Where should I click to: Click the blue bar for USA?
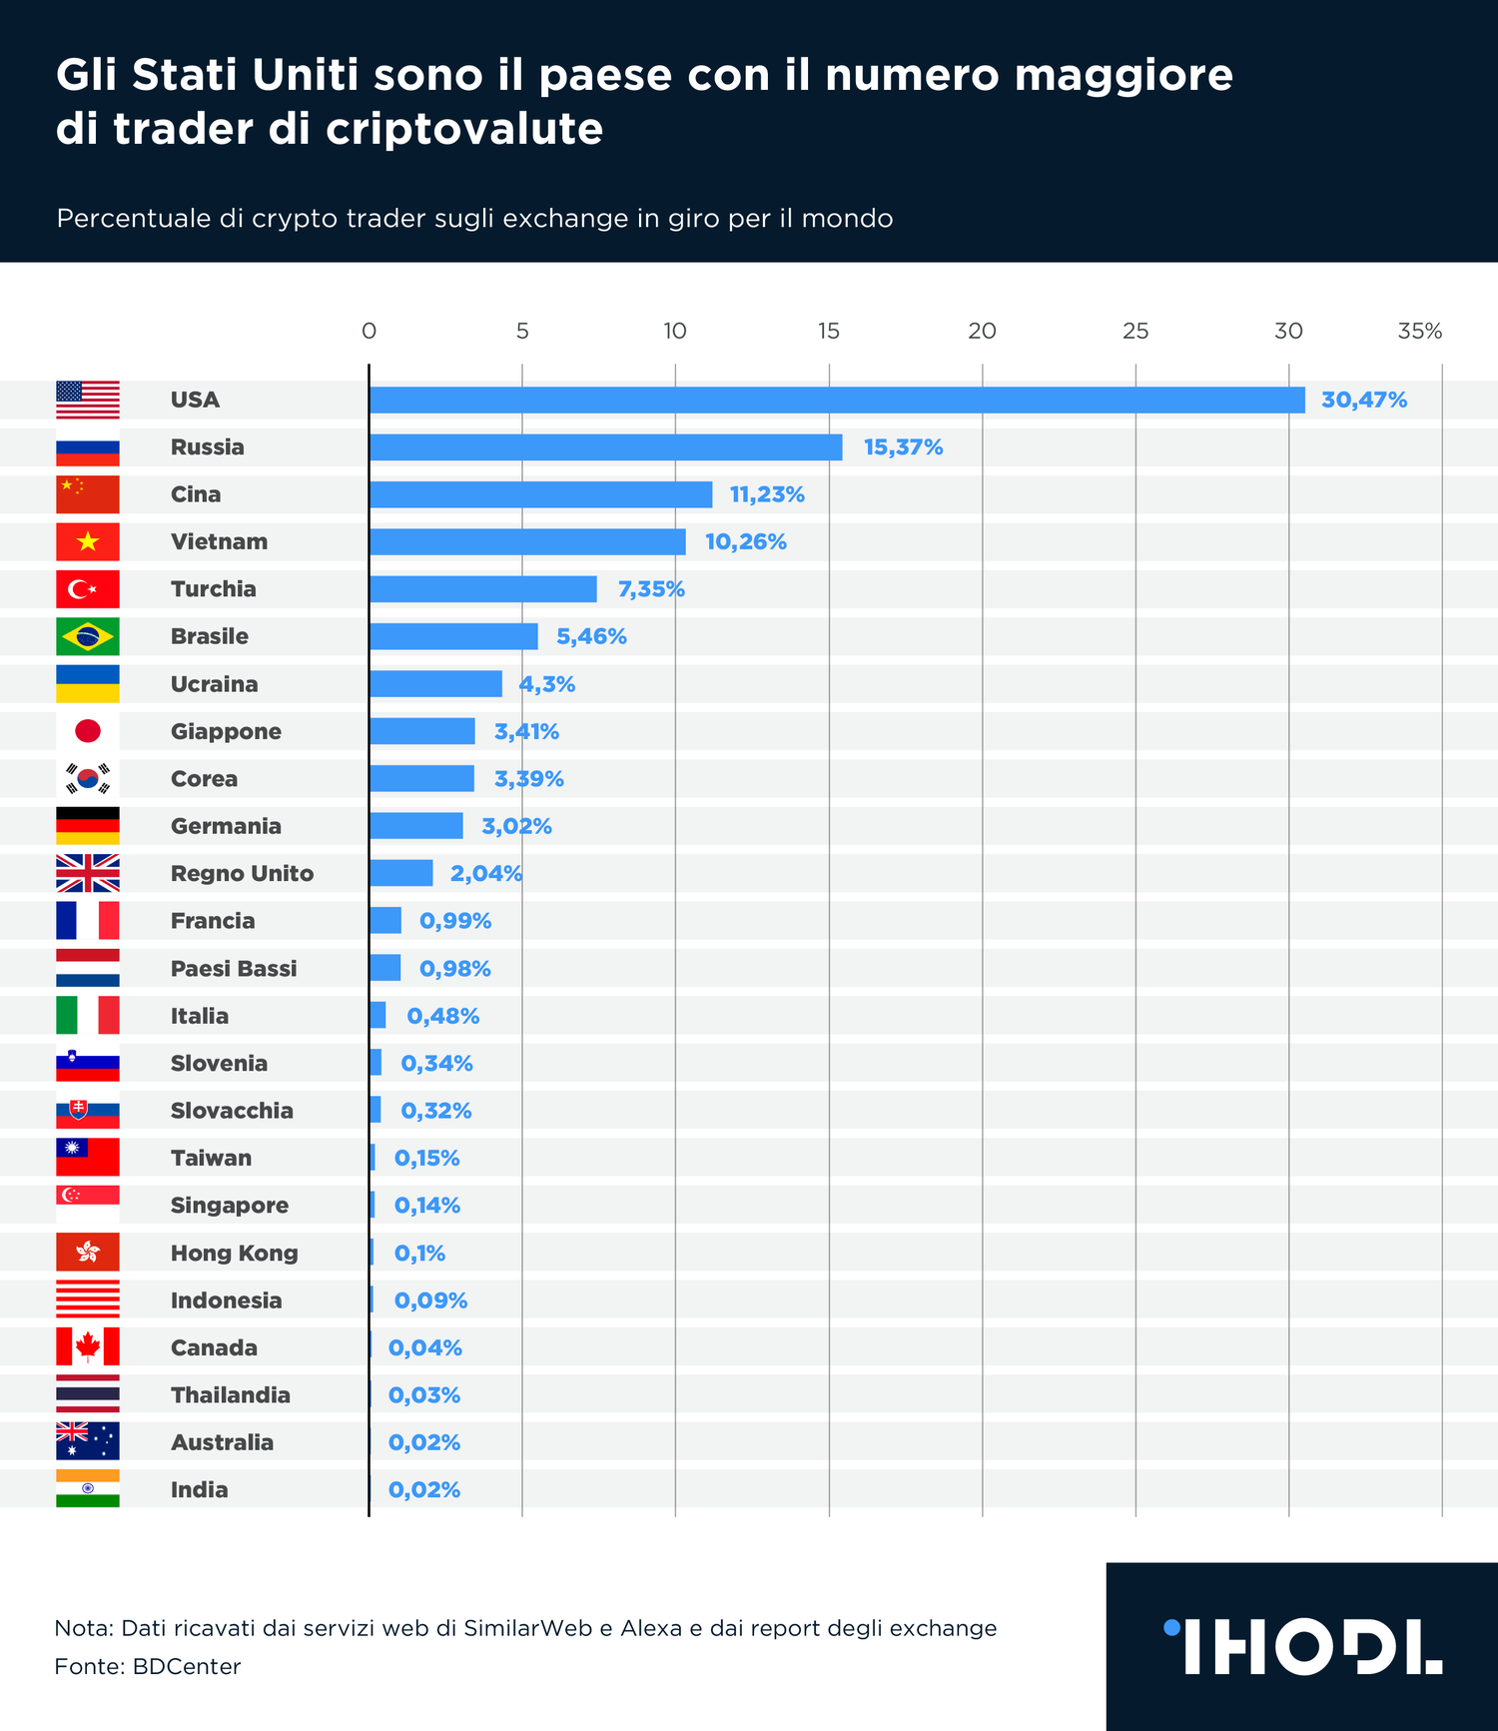[837, 400]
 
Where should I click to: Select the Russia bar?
[605, 446]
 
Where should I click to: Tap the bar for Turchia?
[482, 589]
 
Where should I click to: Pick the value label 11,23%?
[767, 494]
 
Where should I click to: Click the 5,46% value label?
[591, 636]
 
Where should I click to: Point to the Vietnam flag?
[88, 541]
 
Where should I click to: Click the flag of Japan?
[88, 731]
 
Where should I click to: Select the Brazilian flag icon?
[88, 636]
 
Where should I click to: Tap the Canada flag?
[88, 1347]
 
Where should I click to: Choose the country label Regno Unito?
[242, 874]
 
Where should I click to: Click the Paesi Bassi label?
[234, 969]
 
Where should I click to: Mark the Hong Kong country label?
[234, 1254]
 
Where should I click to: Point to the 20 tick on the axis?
[982, 332]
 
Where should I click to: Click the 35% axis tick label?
[1419, 332]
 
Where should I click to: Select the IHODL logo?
[1302, 1646]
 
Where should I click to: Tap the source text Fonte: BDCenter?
[148, 1666]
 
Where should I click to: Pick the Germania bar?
[415, 826]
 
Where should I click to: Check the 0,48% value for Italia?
[442, 1016]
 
